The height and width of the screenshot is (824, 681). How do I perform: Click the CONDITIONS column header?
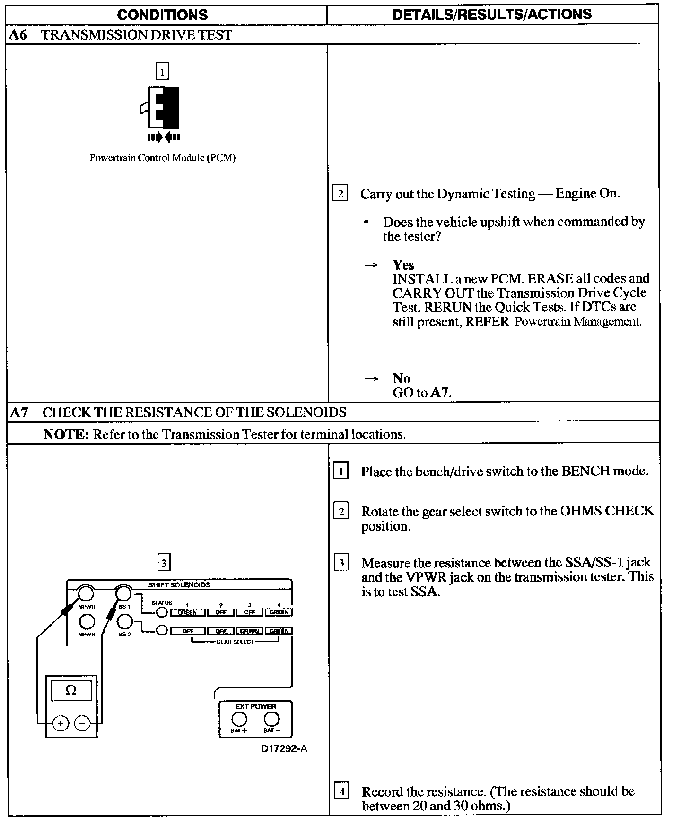(162, 15)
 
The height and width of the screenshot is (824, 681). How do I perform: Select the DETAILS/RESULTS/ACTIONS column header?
(492, 15)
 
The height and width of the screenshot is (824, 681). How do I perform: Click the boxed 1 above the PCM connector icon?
(162, 72)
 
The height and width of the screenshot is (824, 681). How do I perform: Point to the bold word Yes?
(403, 265)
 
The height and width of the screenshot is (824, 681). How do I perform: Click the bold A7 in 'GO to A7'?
(440, 393)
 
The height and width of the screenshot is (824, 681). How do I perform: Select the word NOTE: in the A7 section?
(66, 435)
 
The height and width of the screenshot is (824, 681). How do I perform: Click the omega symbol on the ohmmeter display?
(71, 691)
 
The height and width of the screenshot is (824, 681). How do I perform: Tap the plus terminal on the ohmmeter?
(61, 723)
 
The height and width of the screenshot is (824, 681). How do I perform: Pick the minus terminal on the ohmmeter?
(82, 723)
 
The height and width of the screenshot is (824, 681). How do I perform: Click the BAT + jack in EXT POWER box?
(239, 719)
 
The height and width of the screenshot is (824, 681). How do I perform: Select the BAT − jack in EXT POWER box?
(271, 719)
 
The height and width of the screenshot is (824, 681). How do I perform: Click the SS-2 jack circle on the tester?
(124, 621)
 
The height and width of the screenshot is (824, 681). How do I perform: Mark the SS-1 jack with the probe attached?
(123, 593)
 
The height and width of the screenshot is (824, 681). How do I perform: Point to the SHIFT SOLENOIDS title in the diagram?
(179, 585)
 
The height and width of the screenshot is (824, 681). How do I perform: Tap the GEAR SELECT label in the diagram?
(235, 642)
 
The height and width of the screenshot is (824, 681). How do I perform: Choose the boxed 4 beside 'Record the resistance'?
(341, 791)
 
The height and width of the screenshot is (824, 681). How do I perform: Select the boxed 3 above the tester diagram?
(164, 563)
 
